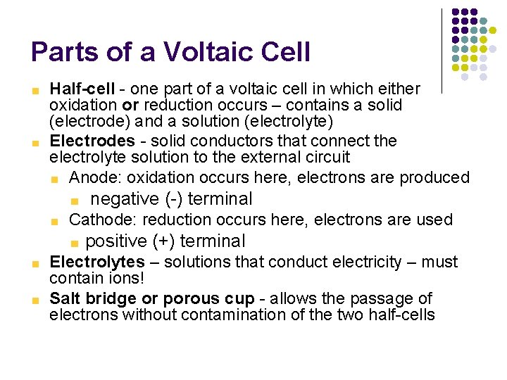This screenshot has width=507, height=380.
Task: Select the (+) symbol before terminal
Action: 163,241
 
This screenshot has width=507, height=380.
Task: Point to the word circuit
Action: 326,157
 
